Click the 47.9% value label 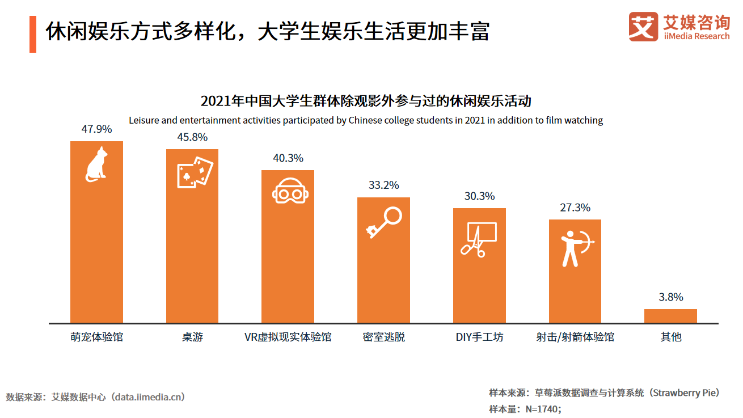tap(96, 129)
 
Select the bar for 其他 tap(670, 316)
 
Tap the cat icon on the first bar tap(96, 164)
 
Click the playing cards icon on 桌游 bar tap(195, 172)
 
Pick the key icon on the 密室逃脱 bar tap(384, 222)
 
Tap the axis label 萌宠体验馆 tap(96, 337)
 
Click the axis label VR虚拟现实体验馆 tap(288, 337)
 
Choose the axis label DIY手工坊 tap(479, 337)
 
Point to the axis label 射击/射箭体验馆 tap(575, 337)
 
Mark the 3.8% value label tap(670, 297)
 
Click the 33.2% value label tap(383, 185)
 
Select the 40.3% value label tap(288, 158)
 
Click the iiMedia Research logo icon tap(643, 27)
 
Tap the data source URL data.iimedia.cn tap(149, 397)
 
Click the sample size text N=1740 tap(542, 409)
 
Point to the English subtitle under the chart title tap(366, 120)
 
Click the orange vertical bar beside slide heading tap(33, 33)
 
